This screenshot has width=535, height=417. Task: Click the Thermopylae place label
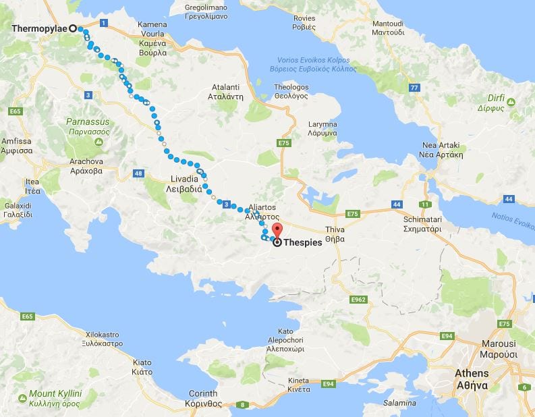(40, 29)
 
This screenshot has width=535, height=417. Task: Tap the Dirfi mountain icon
(511, 102)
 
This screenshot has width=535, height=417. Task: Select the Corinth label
(203, 398)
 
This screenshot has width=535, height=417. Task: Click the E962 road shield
(358, 298)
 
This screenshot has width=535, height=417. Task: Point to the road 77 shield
(414, 88)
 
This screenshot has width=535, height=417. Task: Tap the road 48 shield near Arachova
(139, 174)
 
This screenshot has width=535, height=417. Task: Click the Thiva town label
(335, 233)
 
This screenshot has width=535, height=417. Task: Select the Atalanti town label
(226, 92)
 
